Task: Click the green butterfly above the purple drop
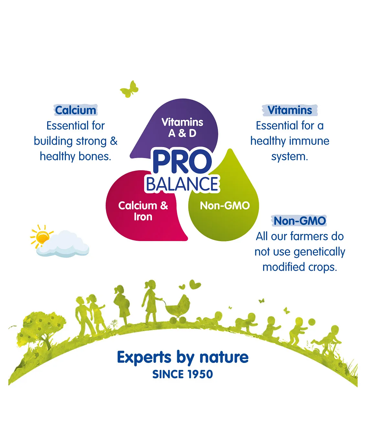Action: [x=129, y=89]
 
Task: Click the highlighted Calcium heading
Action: [x=76, y=110]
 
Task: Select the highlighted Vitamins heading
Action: [x=290, y=110]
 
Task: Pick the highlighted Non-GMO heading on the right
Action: [x=299, y=221]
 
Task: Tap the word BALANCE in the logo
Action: [x=182, y=184]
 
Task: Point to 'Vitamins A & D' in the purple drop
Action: [x=182, y=128]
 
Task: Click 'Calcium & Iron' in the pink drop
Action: [x=143, y=211]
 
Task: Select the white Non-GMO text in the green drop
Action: [x=225, y=206]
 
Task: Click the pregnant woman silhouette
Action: [x=122, y=304]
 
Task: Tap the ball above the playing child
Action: [x=311, y=322]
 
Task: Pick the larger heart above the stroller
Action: [x=195, y=285]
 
